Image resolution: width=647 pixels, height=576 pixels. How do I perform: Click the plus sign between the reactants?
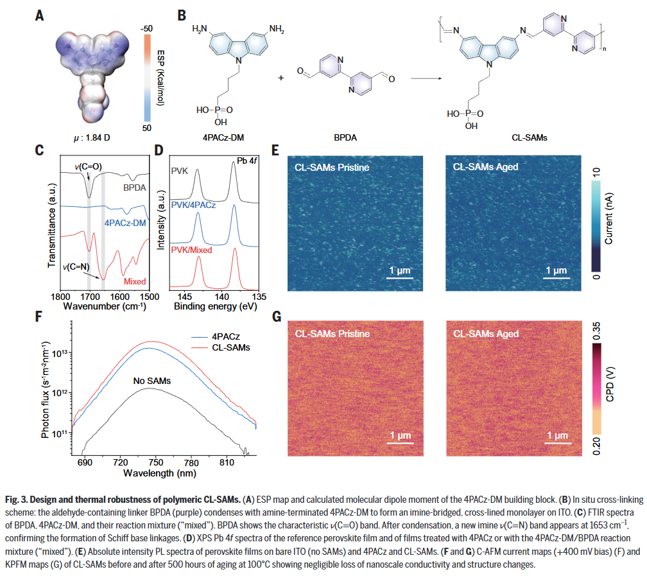[x=280, y=78]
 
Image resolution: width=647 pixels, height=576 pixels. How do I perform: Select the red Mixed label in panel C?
[x=134, y=281]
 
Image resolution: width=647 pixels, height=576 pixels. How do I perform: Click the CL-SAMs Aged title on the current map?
[x=485, y=167]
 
